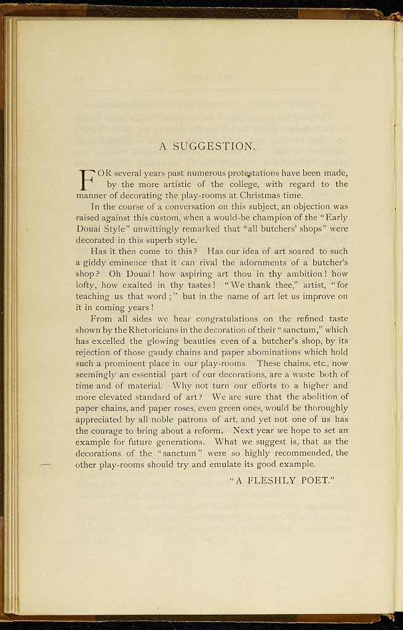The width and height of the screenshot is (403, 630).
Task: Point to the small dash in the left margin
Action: click(44, 465)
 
